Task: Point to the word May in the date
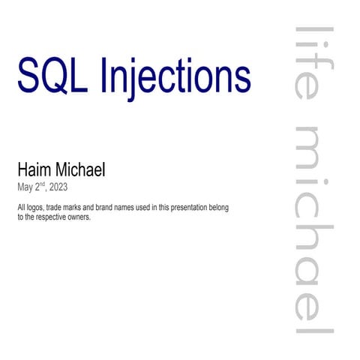(x=24, y=187)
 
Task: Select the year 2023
(x=58, y=187)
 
